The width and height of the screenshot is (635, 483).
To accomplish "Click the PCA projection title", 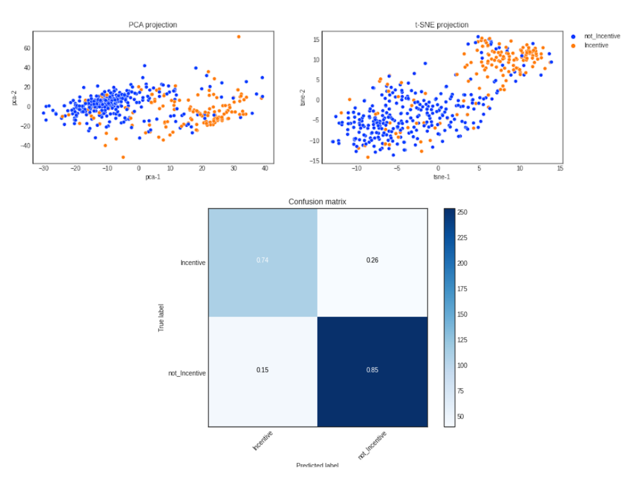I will (x=153, y=25).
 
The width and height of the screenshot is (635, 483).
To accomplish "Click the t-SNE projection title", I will (x=438, y=25).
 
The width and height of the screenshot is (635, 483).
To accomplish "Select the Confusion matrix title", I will (x=317, y=202).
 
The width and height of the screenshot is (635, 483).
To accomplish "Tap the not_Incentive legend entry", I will (x=602, y=36).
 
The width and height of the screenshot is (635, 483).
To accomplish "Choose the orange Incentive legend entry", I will (x=596, y=46).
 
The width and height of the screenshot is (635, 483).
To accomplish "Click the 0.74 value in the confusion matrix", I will (x=263, y=260).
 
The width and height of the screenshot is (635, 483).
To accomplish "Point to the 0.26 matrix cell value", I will (x=372, y=260).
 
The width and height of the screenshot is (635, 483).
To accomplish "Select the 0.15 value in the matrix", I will (x=263, y=370).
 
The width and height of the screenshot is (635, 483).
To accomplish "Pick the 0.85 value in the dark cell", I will (x=372, y=370).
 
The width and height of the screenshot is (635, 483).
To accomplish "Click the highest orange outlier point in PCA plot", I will (x=239, y=36).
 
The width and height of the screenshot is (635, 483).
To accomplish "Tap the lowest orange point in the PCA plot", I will (x=123, y=157).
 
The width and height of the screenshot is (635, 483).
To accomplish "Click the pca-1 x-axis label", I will (x=153, y=177).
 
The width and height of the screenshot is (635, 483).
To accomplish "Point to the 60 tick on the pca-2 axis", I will (x=26, y=48).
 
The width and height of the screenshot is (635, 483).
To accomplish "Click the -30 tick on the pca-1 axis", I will (x=44, y=168).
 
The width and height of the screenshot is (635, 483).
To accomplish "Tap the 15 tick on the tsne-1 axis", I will (x=560, y=168).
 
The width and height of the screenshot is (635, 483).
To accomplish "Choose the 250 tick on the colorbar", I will (x=462, y=213).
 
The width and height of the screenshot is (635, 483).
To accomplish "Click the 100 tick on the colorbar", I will (x=462, y=365).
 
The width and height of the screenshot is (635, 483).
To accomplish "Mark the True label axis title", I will (x=161, y=318).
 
